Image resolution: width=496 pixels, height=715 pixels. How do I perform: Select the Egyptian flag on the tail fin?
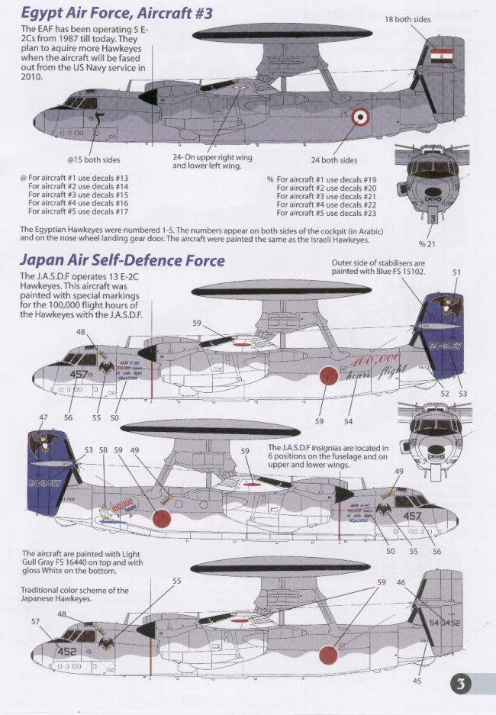[x=441, y=57]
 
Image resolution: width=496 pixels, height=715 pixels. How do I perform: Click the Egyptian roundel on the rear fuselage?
[x=359, y=118]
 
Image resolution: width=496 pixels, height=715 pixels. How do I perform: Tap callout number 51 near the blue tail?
[x=457, y=272]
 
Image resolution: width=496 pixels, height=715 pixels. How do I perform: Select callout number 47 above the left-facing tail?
[x=43, y=419]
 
